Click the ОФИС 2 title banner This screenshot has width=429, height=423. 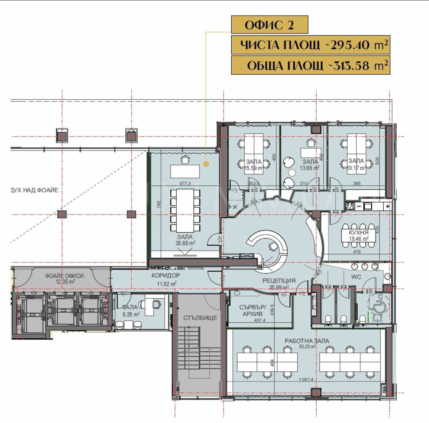click(x=269, y=25)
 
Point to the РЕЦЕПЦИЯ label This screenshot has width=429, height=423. click(x=279, y=281)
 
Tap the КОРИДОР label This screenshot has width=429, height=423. click(x=166, y=275)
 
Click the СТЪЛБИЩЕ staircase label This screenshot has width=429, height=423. click(x=200, y=318)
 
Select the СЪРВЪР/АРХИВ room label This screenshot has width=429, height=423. click(x=253, y=311)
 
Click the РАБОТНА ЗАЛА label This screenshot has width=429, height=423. click(x=307, y=341)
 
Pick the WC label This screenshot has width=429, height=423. click(x=356, y=277)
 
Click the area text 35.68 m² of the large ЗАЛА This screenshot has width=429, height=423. click(x=185, y=243)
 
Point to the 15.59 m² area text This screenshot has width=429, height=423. click(x=253, y=168)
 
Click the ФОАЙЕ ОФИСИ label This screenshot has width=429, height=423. click(x=65, y=276)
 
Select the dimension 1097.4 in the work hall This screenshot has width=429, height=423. click(x=306, y=380)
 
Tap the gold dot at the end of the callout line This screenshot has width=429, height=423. click(x=206, y=164)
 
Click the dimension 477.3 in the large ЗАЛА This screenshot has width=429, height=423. click(x=185, y=183)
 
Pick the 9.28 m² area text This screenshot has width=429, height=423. click(x=131, y=314)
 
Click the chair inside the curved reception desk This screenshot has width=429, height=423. click(x=273, y=246)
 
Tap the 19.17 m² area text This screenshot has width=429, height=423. click(x=356, y=168)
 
